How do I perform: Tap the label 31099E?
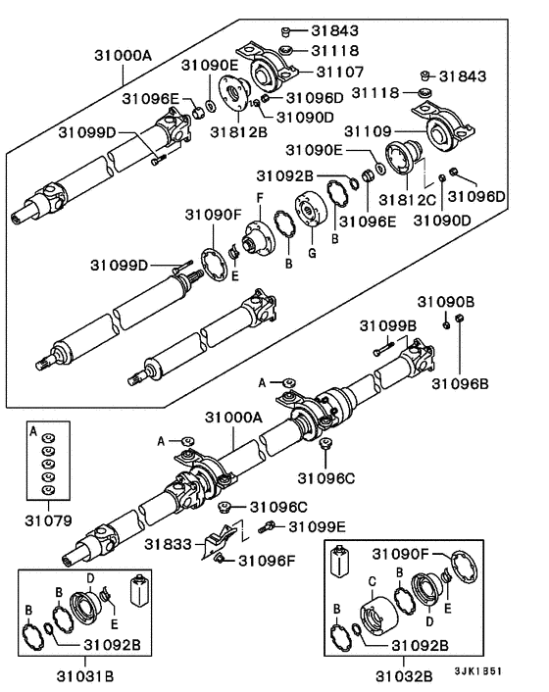click(x=318, y=527)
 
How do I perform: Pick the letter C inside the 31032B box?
click(x=371, y=580)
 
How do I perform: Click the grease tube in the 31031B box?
click(x=139, y=591)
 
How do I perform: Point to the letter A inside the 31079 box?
click(x=33, y=430)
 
